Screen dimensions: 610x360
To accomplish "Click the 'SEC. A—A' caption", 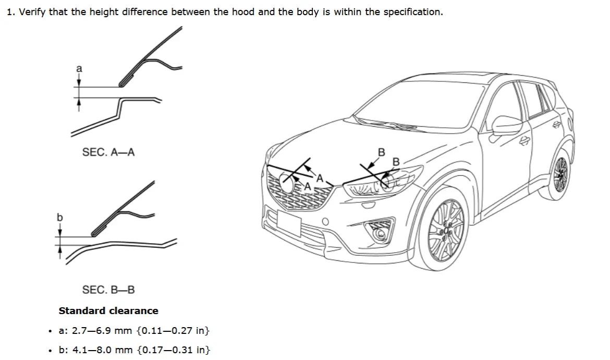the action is pos(108,152).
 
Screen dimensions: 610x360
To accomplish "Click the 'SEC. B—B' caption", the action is pos(108,290).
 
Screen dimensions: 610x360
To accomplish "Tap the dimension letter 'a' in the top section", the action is pos(79,68).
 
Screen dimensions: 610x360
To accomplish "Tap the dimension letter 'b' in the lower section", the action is pos(59,217).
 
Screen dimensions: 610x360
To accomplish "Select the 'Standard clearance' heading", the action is pos(108,310).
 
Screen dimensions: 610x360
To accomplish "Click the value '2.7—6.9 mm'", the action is pos(102,330).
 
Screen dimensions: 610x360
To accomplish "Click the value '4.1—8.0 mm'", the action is pos(102,350).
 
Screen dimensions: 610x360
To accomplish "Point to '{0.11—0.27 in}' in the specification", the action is pos(173,330).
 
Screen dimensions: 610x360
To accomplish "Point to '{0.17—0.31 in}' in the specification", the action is pos(174,350).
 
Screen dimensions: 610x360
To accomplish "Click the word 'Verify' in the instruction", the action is pos(32,12).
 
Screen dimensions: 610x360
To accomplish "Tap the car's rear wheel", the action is pos(561,174).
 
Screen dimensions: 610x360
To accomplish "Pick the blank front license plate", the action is pos(289,223).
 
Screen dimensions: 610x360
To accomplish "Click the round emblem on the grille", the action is pos(287,183).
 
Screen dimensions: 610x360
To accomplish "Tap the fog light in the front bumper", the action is pos(379,234).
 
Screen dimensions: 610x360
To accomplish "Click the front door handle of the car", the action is pos(524,140).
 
